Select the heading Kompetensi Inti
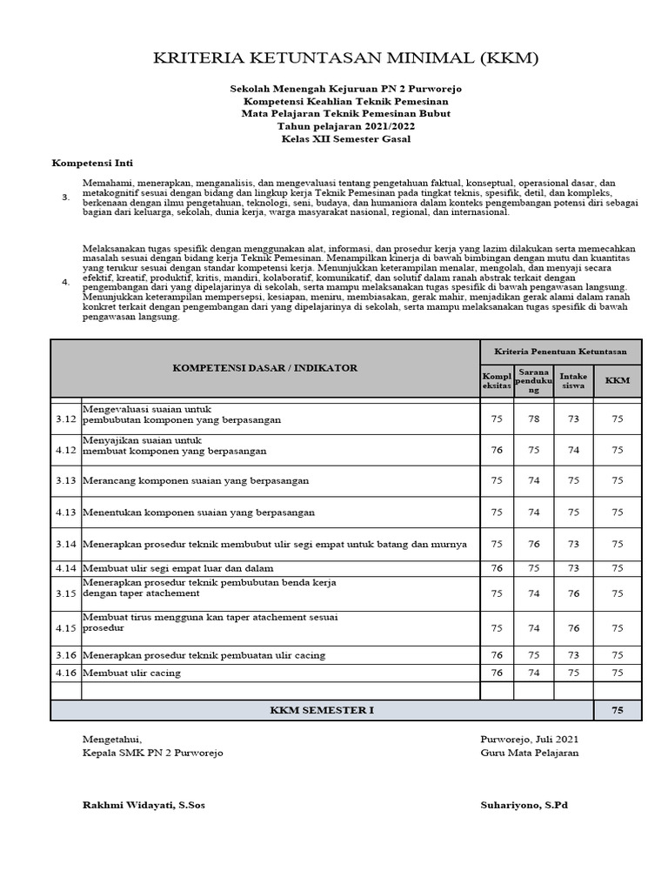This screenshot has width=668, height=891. [92, 163]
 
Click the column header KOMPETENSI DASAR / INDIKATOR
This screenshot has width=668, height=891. [265, 368]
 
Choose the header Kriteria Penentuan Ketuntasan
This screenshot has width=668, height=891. [560, 351]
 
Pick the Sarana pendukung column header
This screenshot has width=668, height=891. [534, 381]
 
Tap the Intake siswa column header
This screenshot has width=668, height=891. [573, 381]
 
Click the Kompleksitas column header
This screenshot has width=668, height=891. [497, 381]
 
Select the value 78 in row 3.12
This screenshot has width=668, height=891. [534, 419]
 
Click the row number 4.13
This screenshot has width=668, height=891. [66, 512]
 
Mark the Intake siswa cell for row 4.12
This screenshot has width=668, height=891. [573, 450]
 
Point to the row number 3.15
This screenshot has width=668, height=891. [66, 593]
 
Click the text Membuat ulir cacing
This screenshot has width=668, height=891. [132, 673]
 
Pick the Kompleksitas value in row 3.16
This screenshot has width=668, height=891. [497, 655]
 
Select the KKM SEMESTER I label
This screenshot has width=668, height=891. [322, 710]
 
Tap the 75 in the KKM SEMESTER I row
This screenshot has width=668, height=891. [618, 710]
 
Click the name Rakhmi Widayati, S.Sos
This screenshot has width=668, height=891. [144, 806]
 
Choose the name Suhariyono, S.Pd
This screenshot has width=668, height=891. [524, 806]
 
